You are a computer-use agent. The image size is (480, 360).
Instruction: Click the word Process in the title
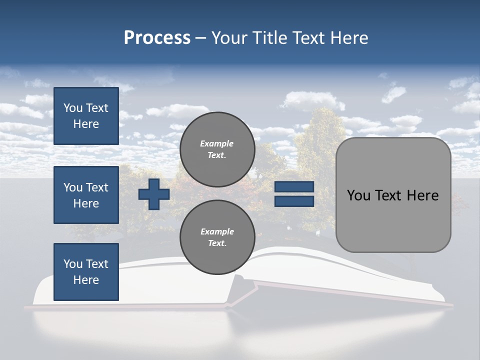click(x=157, y=38)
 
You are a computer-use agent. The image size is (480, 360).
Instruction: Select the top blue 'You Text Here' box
click(x=86, y=116)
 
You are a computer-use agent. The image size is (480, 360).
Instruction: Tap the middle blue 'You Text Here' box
click(x=86, y=195)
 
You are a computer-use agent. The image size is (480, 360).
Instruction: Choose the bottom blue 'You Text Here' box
click(x=86, y=272)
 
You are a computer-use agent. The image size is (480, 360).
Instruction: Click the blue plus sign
click(x=154, y=194)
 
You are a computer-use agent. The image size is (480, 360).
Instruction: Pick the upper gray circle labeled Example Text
click(x=217, y=149)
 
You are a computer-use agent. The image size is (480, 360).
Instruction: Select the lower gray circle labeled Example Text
click(x=217, y=237)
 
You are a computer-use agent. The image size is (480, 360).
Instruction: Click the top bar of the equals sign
click(x=294, y=187)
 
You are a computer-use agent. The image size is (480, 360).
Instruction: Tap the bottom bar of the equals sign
click(x=294, y=201)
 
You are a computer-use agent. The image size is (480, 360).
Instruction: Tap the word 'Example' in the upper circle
click(x=217, y=143)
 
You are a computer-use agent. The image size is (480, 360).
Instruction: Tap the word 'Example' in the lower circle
click(x=217, y=231)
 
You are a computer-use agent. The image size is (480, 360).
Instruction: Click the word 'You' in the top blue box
click(x=73, y=108)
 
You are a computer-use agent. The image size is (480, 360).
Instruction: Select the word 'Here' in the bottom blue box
click(x=86, y=280)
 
